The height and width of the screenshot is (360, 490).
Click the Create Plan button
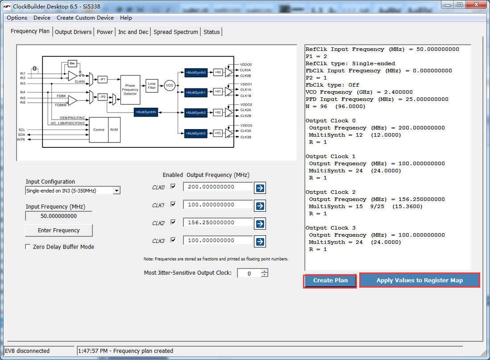(330, 280)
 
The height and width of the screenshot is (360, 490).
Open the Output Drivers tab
(73, 32)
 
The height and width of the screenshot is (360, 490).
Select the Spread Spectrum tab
(176, 32)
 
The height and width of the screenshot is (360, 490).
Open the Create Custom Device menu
(85, 18)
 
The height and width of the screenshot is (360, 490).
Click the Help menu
(126, 18)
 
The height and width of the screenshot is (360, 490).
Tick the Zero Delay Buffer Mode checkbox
(28, 247)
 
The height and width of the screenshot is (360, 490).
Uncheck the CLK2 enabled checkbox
(173, 222)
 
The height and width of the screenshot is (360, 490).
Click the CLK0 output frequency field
(218, 187)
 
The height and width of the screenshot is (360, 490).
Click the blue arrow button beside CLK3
(260, 242)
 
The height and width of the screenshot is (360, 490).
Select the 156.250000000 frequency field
(218, 222)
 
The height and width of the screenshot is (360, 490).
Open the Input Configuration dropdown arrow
(116, 190)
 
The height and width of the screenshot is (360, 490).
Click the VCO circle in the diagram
(170, 85)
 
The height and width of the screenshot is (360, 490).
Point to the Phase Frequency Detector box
(130, 89)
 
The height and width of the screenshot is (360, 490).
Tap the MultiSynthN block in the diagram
(146, 112)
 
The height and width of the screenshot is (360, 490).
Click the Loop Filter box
(152, 86)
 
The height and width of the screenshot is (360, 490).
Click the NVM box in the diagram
(114, 130)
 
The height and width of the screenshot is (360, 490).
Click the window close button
(476, 5)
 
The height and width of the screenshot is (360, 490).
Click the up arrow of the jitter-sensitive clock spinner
(265, 271)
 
